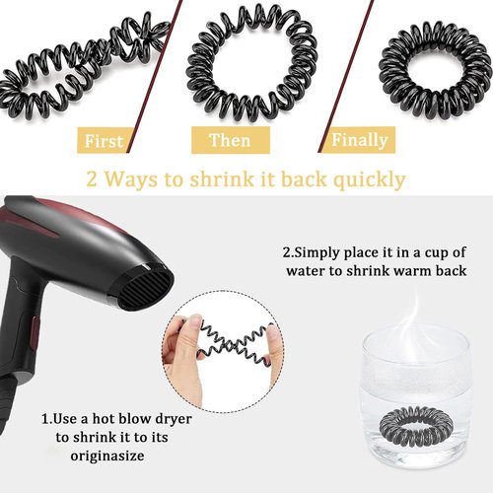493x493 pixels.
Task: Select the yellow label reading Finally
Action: (x=359, y=140)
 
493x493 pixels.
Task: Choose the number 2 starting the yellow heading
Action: (x=91, y=179)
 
